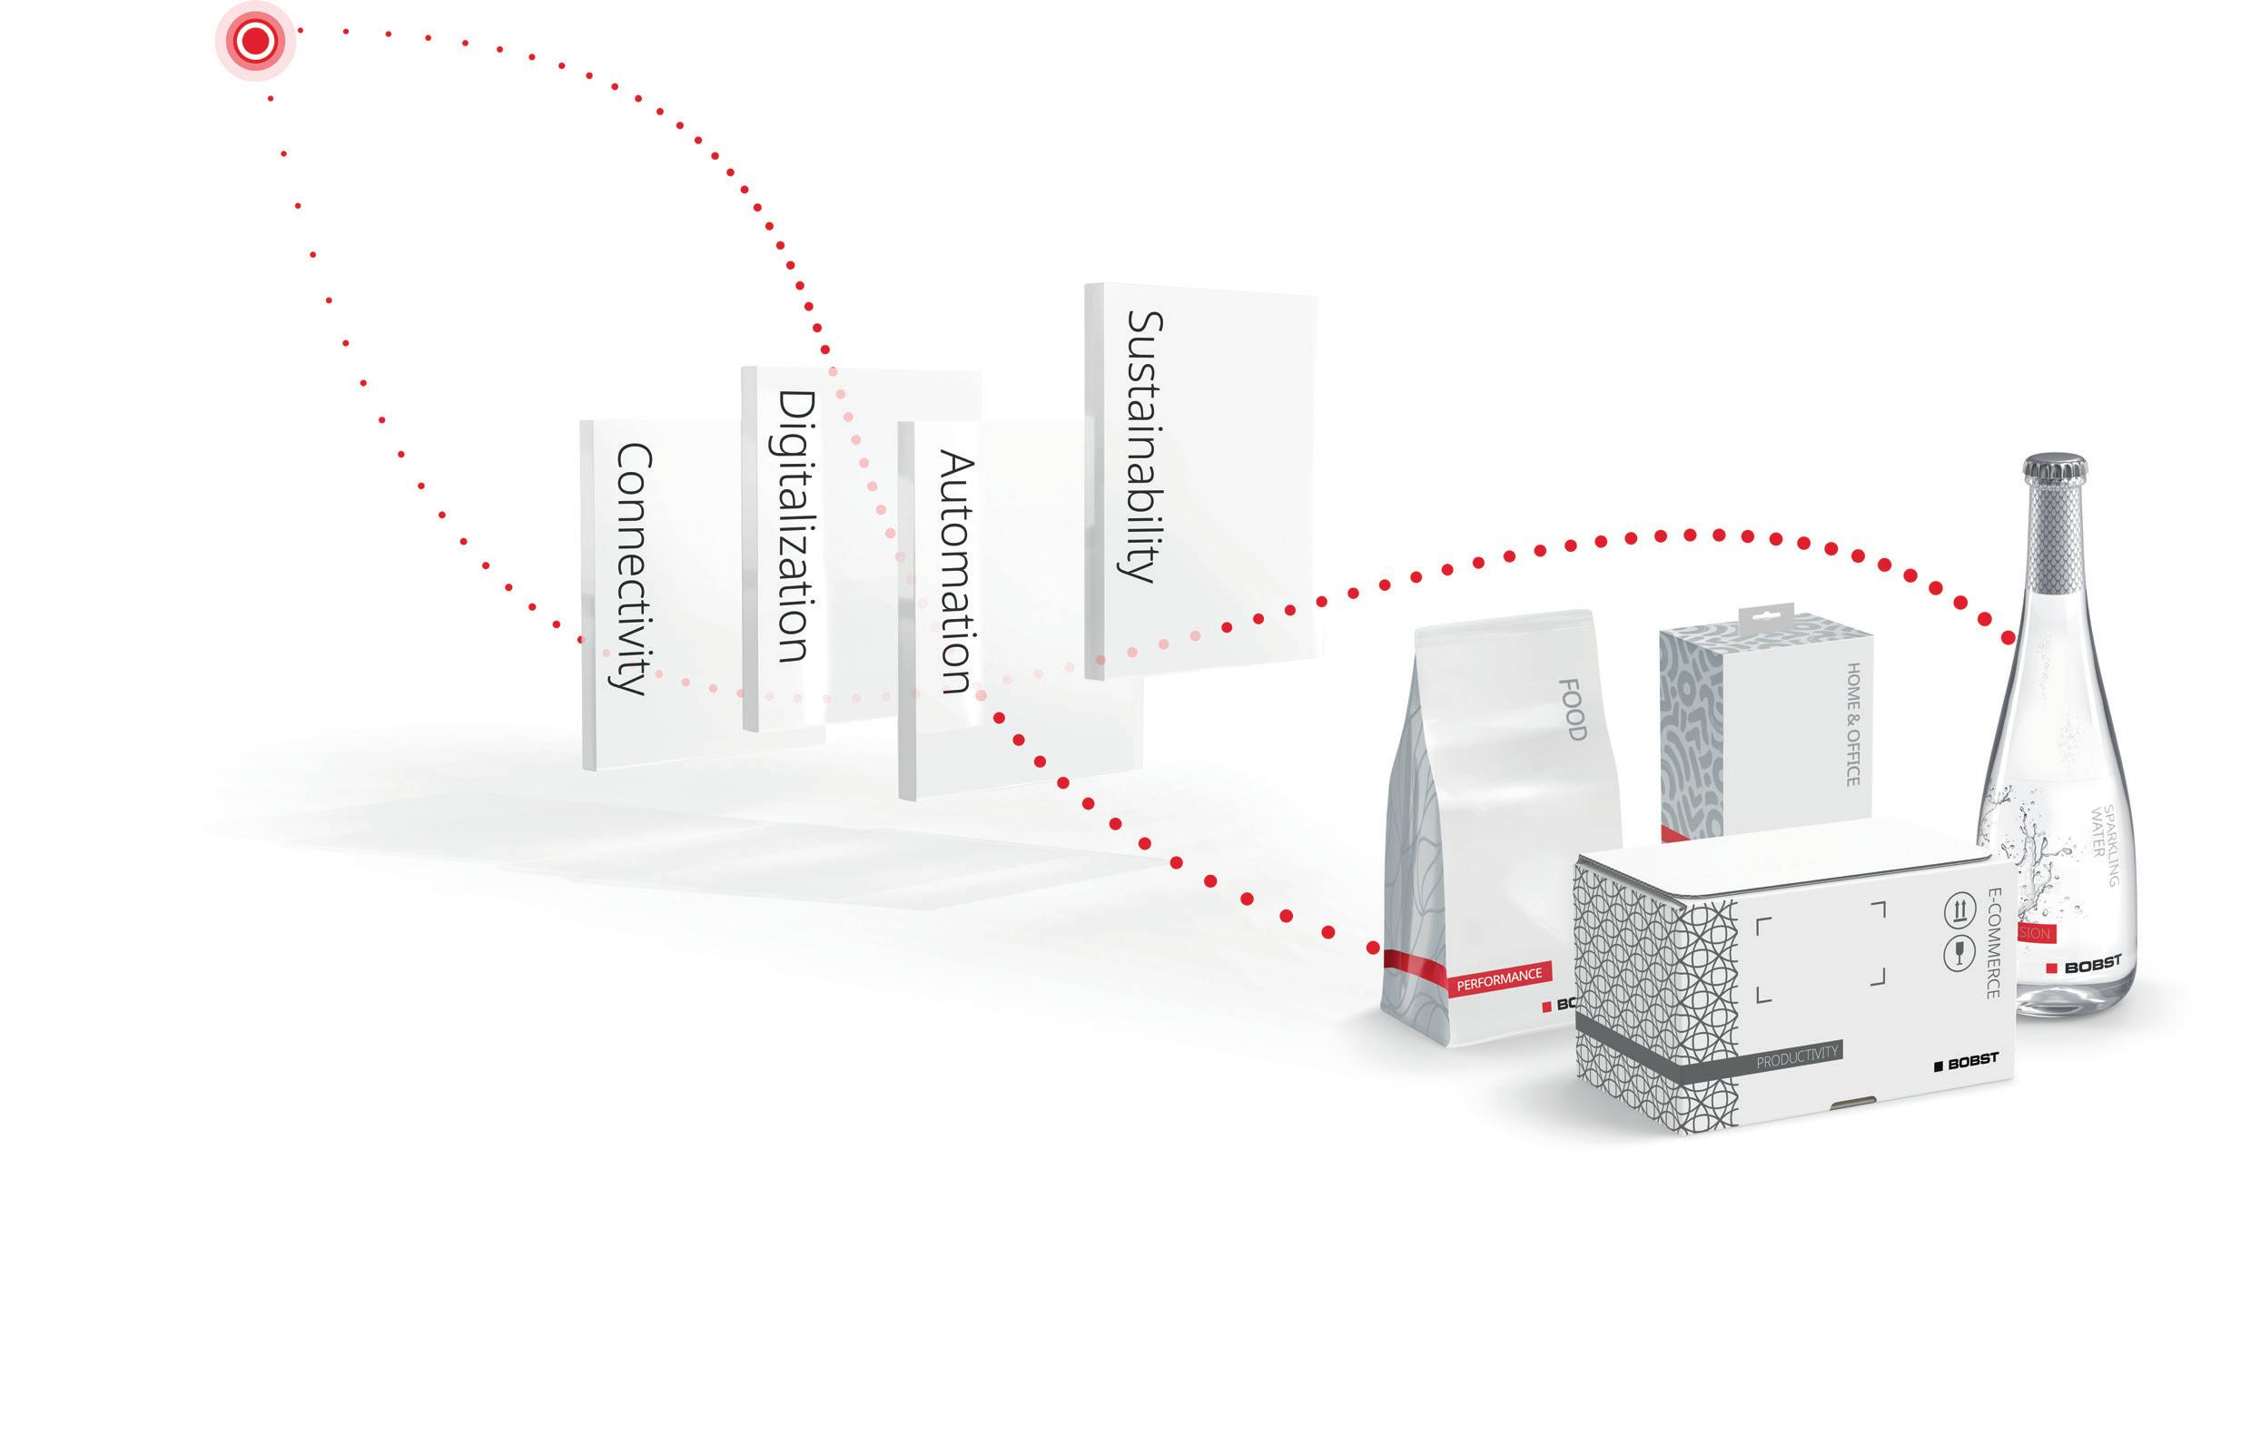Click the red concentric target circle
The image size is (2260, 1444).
(255, 41)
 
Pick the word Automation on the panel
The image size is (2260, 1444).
(955, 572)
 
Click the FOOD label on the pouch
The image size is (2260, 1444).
(1571, 710)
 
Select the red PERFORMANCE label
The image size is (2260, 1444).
(1499, 978)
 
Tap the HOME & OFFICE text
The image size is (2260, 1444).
(1852, 723)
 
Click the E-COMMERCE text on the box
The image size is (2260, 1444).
(1991, 942)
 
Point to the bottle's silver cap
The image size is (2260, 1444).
(2055, 469)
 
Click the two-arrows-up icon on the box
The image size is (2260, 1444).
(1959, 909)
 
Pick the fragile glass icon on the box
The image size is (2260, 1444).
(1959, 953)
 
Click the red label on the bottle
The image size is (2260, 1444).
(2034, 933)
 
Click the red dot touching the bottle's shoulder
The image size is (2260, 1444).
(2008, 638)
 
